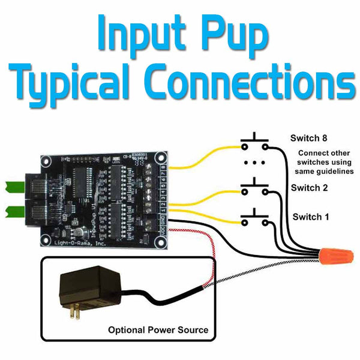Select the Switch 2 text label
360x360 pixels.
click(x=309, y=188)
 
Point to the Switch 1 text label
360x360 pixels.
click(x=310, y=217)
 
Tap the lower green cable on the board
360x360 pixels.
click(x=12, y=211)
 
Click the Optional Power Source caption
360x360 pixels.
click(x=158, y=330)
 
